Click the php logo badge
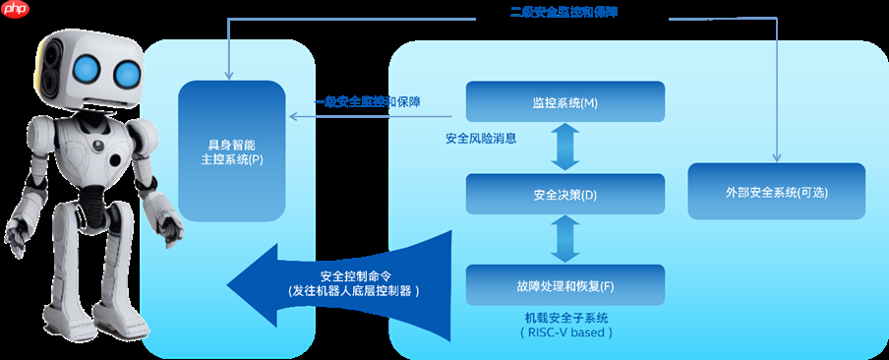click(x=16, y=9)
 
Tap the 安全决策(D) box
click(x=564, y=195)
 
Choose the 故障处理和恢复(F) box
click(x=564, y=285)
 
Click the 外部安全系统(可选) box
click(x=776, y=192)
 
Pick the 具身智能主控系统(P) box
click(x=229, y=150)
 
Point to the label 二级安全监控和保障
click(x=557, y=12)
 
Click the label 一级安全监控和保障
click(x=368, y=101)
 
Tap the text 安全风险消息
click(x=481, y=139)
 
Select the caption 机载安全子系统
click(x=565, y=318)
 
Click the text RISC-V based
click(x=565, y=332)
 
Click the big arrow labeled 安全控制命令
click(x=334, y=283)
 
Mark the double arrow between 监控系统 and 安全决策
click(x=564, y=149)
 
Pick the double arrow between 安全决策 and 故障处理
click(x=564, y=240)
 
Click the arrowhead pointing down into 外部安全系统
click(x=777, y=157)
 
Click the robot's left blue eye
click(x=87, y=67)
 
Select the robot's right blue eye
click(x=127, y=72)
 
